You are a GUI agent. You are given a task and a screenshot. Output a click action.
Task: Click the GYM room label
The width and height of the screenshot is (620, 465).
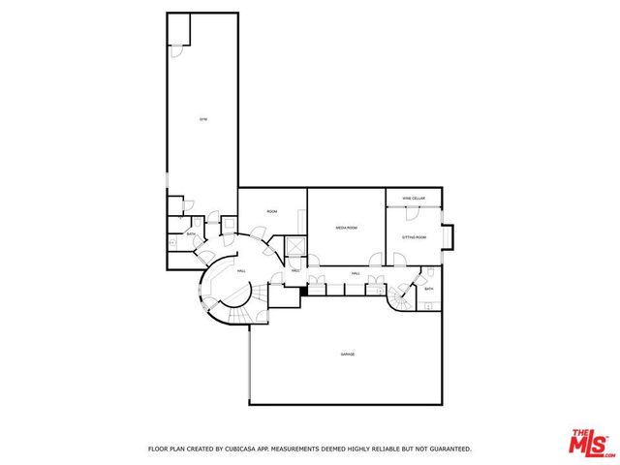point(203,119)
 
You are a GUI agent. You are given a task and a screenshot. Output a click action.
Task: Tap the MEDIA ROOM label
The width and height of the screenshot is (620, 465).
point(347,228)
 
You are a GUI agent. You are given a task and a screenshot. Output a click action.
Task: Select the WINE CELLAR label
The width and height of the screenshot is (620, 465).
point(414,198)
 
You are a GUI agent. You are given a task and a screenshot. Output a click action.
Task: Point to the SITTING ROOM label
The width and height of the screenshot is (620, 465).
point(414,236)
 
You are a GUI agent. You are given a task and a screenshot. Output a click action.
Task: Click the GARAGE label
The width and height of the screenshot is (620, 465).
point(347,355)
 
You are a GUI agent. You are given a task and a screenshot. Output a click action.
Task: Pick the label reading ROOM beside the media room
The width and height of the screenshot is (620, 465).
point(272,211)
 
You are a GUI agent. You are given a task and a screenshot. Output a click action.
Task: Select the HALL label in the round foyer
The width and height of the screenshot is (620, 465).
point(241,270)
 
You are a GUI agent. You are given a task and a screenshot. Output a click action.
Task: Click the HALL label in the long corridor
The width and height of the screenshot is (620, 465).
point(356,274)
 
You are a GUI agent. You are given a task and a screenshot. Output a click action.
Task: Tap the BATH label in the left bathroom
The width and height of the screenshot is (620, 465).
point(191,234)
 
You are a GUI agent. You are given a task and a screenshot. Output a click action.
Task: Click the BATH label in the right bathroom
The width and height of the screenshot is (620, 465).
point(428,289)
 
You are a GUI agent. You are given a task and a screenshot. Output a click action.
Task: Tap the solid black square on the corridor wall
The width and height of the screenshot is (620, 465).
point(303,289)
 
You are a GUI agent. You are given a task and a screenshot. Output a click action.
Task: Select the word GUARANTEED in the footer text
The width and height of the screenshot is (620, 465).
point(449,449)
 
